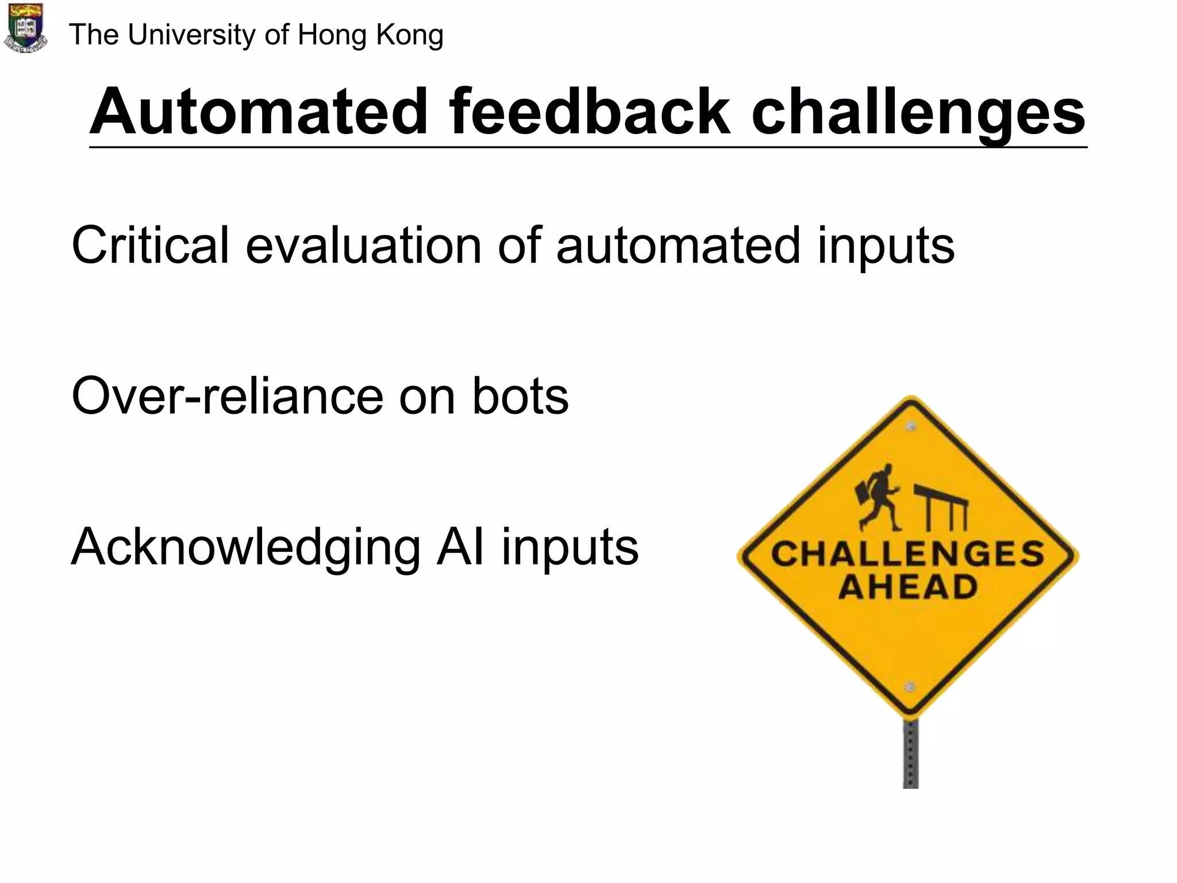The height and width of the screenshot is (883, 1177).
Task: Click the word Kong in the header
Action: click(x=409, y=35)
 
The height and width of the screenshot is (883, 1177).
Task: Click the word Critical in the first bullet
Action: click(x=150, y=245)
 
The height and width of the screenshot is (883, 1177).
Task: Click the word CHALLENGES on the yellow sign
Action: click(x=907, y=554)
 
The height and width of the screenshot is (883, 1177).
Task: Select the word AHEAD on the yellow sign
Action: click(x=907, y=588)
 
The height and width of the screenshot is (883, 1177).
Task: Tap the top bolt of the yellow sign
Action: click(x=910, y=427)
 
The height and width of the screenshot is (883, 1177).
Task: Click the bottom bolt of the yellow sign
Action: click(x=909, y=686)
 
